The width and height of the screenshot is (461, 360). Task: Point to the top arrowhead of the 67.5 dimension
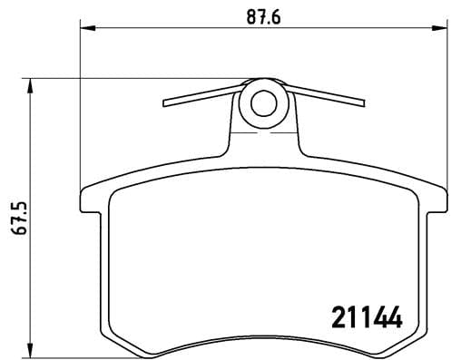tap(34, 84)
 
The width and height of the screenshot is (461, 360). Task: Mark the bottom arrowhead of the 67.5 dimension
tap(34, 352)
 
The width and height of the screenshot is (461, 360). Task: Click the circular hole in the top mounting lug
tap(264, 103)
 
